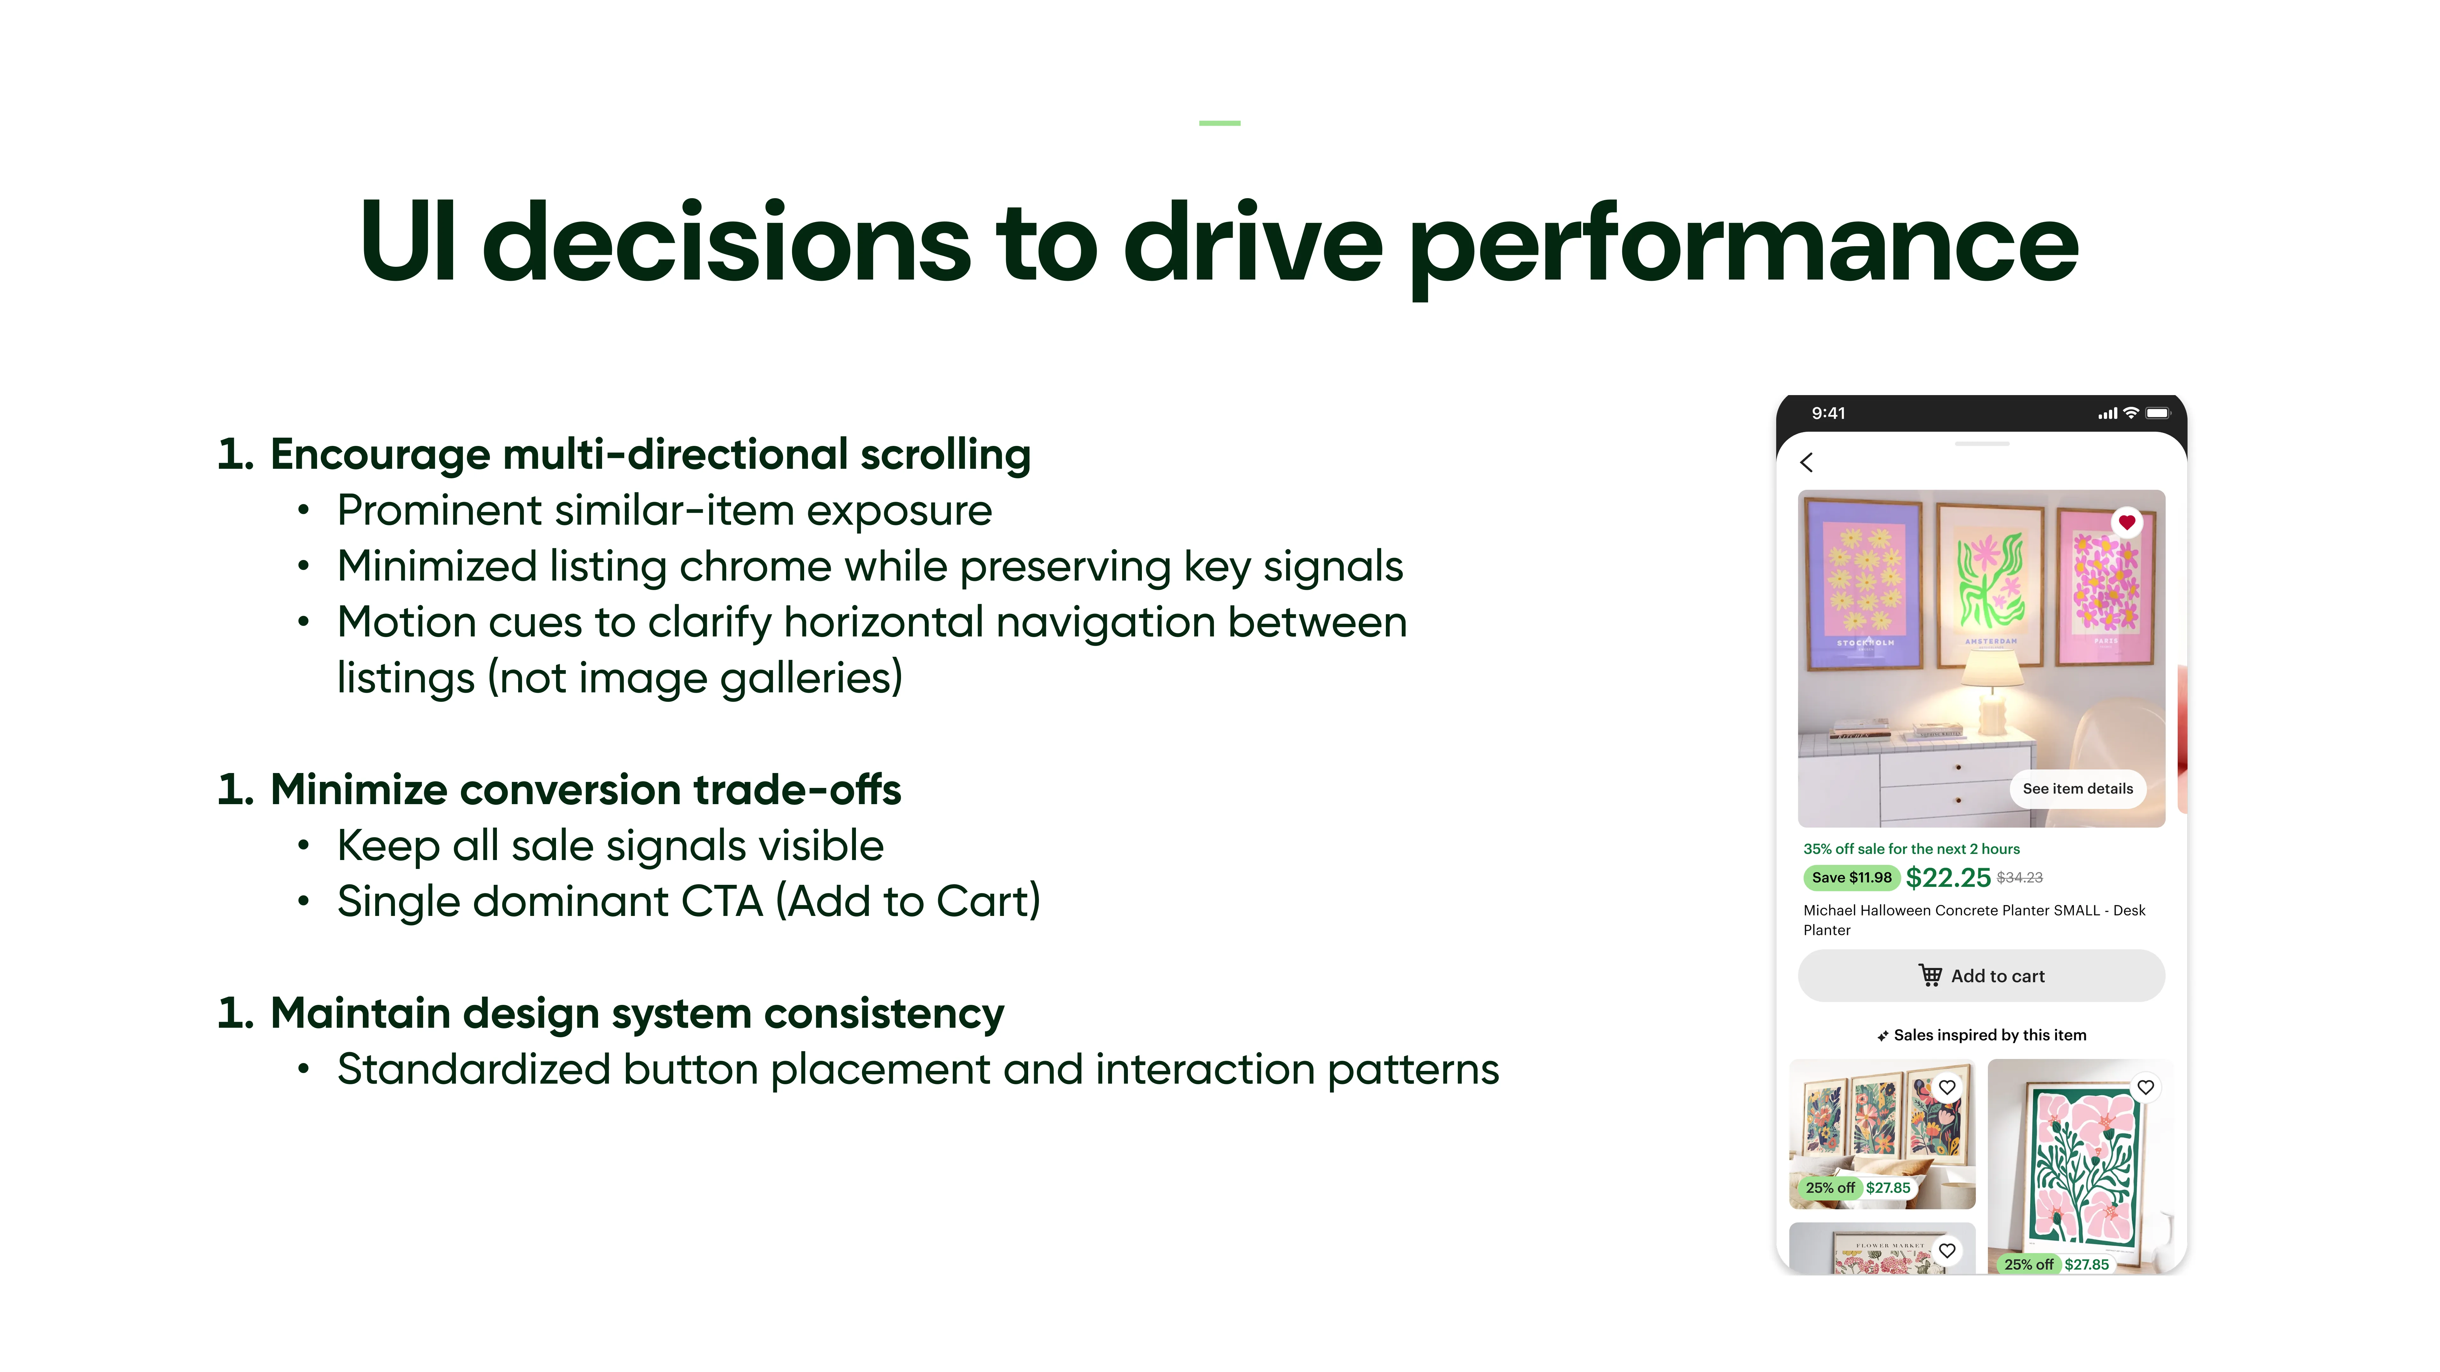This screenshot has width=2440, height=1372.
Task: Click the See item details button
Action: (2077, 789)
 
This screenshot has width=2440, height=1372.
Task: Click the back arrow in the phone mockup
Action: (1806, 462)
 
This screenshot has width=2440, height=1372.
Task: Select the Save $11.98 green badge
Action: (1851, 878)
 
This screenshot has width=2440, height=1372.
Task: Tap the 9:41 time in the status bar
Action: (1828, 413)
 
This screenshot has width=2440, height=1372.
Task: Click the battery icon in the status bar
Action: (2158, 413)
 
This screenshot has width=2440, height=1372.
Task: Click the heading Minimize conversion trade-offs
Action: (585, 790)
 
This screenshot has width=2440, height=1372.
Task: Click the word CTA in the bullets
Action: (722, 901)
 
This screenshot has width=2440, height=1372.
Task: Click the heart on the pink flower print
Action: (2145, 1087)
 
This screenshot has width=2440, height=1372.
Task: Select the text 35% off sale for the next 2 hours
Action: (1911, 849)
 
